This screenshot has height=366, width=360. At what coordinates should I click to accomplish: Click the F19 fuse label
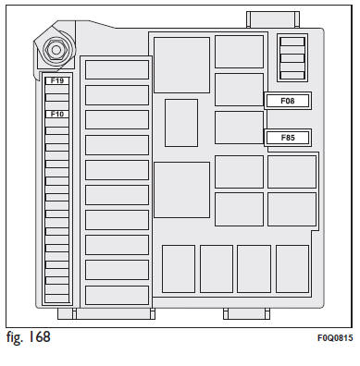tap(57, 80)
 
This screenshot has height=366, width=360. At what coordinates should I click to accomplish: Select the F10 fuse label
tap(57, 114)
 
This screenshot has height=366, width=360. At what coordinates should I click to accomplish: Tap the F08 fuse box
tap(288, 101)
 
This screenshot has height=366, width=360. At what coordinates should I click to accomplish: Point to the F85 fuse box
tap(288, 138)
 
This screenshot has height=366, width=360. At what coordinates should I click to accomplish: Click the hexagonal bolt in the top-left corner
tap(56, 50)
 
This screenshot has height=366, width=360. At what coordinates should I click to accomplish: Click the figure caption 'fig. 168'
tap(28, 336)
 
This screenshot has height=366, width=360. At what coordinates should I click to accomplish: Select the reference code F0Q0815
tap(335, 338)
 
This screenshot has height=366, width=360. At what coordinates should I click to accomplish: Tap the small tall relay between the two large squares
tap(181, 123)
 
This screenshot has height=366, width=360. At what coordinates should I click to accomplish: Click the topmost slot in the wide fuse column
tap(117, 69)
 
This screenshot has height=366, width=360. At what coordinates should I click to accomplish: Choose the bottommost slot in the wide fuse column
tap(117, 295)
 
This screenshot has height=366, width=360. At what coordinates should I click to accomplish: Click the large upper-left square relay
tap(181, 65)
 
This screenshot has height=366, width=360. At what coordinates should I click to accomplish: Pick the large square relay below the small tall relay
tap(181, 189)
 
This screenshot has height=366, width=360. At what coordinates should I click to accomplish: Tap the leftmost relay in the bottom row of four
tap(179, 269)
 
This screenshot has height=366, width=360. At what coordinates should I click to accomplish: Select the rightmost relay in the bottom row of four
tap(292, 269)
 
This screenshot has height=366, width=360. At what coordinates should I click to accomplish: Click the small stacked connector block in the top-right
tap(292, 58)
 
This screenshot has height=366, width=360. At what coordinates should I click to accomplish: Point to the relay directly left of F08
tap(239, 90)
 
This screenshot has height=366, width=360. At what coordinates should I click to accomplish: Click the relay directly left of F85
tap(239, 128)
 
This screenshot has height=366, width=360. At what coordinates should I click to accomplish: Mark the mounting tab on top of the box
tap(273, 19)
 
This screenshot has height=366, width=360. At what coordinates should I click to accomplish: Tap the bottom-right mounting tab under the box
tap(246, 313)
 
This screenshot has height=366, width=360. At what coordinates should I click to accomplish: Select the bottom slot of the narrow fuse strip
tap(57, 299)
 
